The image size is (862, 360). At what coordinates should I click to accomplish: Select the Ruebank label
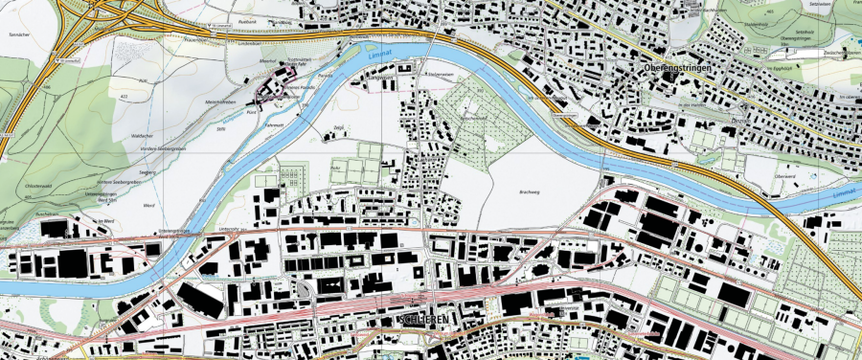pos(248,19)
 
